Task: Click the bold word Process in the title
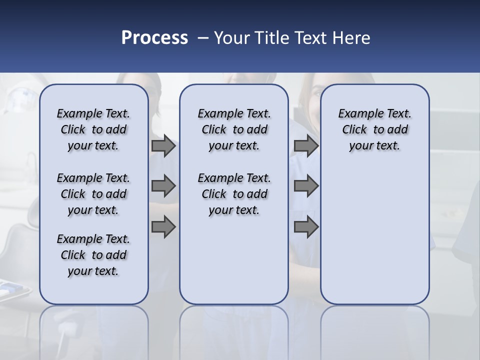pyautogui.click(x=154, y=38)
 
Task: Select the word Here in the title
pyautogui.click(x=350, y=38)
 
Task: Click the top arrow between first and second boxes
pyautogui.click(x=163, y=146)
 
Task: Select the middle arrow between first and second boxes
pyautogui.click(x=163, y=186)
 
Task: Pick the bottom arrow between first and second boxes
pyautogui.click(x=163, y=227)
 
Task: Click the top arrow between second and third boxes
pyautogui.click(x=306, y=146)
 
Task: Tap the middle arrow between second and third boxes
pyautogui.click(x=306, y=186)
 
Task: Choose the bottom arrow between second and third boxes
pyautogui.click(x=306, y=227)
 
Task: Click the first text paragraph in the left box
pyautogui.click(x=93, y=129)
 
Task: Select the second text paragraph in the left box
pyautogui.click(x=93, y=194)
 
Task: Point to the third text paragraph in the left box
pyautogui.click(x=93, y=255)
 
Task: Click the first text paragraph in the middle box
pyautogui.click(x=234, y=129)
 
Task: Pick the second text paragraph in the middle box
pyautogui.click(x=234, y=194)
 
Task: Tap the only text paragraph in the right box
pyautogui.click(x=374, y=129)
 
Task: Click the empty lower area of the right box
pyautogui.click(x=374, y=235)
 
